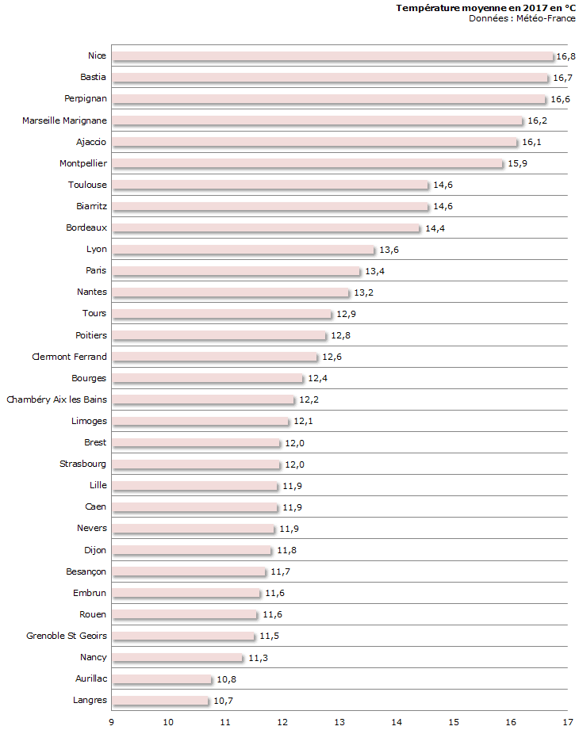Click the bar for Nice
[x=332, y=56]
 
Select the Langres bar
[x=160, y=701]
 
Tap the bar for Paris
[x=236, y=271]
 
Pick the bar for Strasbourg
[x=196, y=464]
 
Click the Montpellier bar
[x=308, y=163]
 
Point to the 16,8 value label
[x=566, y=56]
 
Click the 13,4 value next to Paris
[x=374, y=271]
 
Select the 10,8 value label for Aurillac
[x=226, y=679]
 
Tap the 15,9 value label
[x=517, y=163]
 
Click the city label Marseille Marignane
[x=64, y=120]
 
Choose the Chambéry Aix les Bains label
[x=56, y=399]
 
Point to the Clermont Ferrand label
[x=69, y=357]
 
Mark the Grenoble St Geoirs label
[x=67, y=636]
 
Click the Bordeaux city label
[x=86, y=227]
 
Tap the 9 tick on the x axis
[x=112, y=721]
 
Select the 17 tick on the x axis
[x=568, y=721]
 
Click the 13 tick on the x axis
[x=339, y=721]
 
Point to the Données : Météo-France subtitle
[x=522, y=18]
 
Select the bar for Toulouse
[x=270, y=185]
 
